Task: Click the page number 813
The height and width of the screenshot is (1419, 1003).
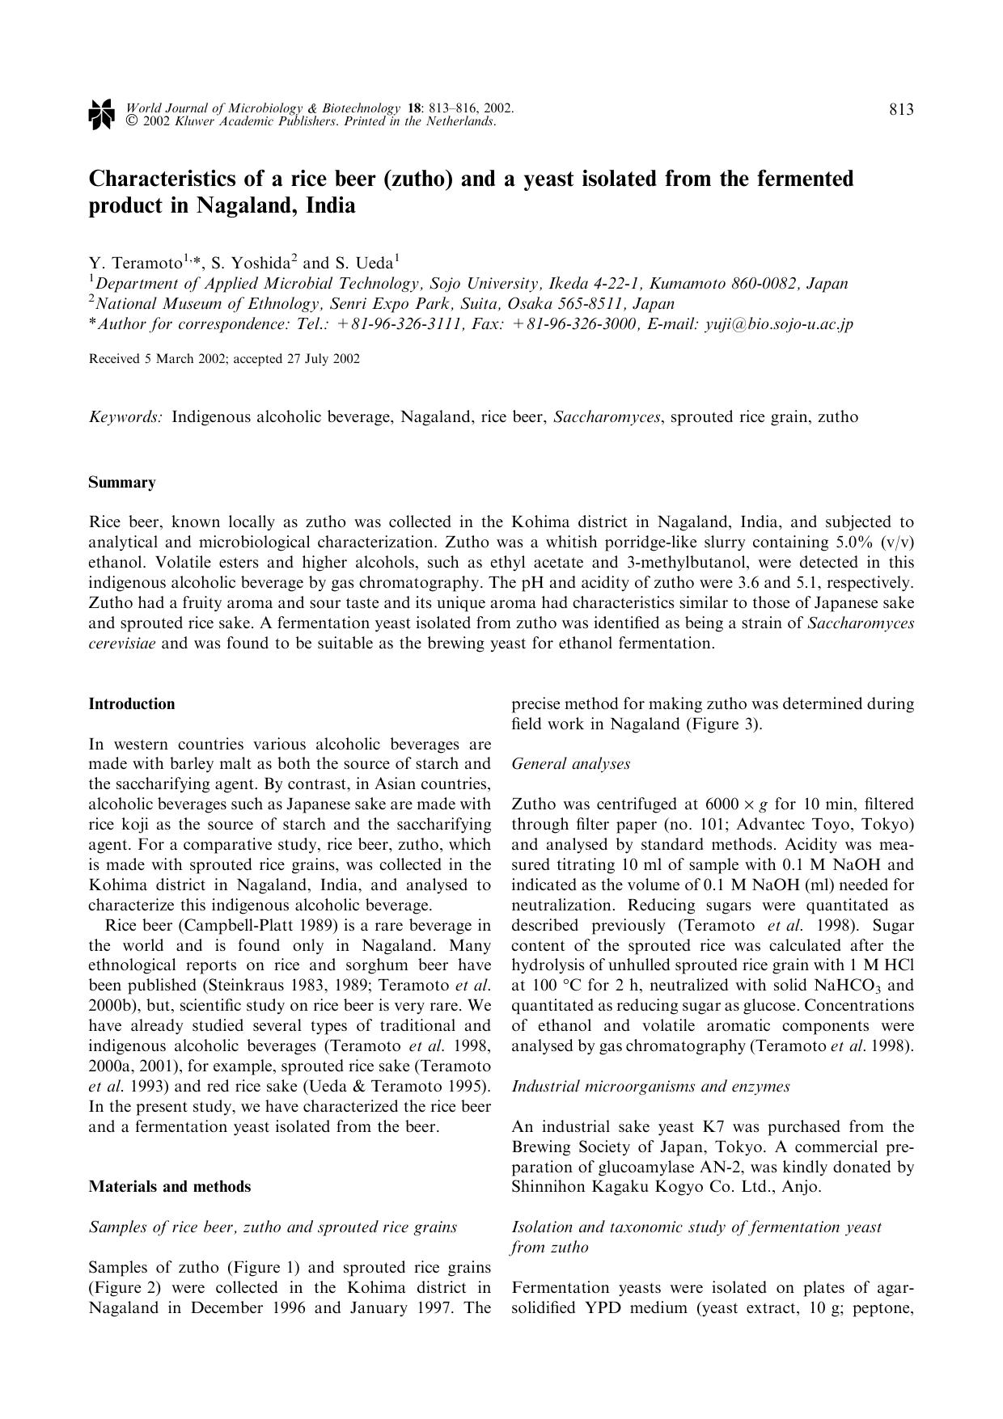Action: click(901, 110)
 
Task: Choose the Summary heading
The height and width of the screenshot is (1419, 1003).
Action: click(121, 483)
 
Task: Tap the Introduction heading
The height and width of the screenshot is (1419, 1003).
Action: click(131, 704)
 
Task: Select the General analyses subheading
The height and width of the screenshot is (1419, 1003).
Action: click(570, 764)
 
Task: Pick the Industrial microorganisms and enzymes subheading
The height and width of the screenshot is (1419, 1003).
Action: click(650, 1087)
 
